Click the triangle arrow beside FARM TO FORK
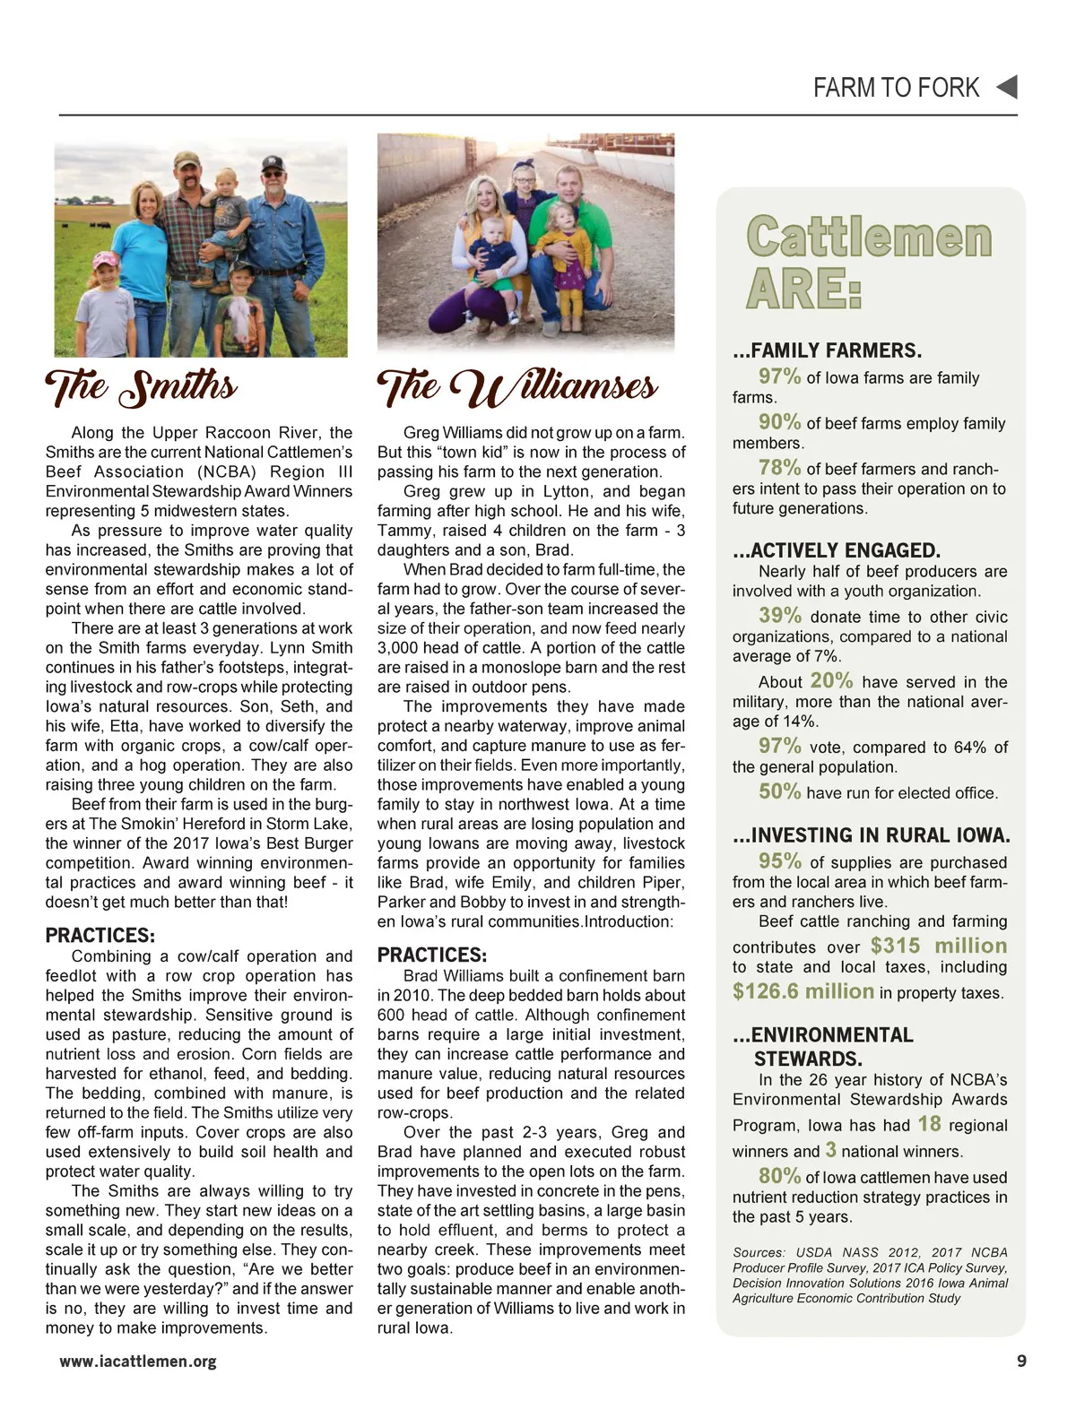(x=1007, y=87)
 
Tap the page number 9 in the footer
(x=1022, y=1361)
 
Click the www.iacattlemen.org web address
(x=138, y=1362)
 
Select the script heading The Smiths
(x=142, y=388)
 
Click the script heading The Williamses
(x=517, y=388)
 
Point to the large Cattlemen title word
(x=869, y=238)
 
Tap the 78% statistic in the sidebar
(x=779, y=467)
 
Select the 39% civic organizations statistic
(x=779, y=615)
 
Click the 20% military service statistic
(x=831, y=680)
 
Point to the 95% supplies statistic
(x=779, y=860)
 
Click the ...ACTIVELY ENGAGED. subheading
(x=837, y=550)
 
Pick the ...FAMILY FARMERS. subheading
(x=827, y=350)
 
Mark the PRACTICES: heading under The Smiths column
(x=100, y=936)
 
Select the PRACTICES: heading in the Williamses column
(x=432, y=955)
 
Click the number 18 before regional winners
(x=929, y=1124)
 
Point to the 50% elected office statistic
(x=779, y=791)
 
